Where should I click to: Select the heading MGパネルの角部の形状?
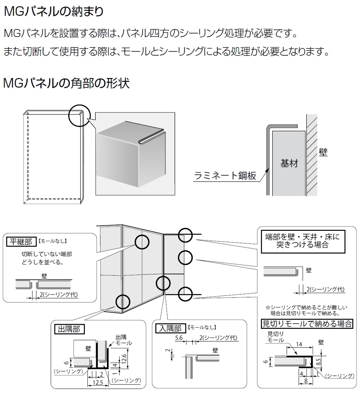[66, 83]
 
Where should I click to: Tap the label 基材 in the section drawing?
[289, 163]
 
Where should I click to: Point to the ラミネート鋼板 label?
[224, 176]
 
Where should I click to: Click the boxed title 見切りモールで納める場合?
[307, 323]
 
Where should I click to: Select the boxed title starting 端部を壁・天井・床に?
[302, 240]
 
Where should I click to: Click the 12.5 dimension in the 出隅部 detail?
[98, 382]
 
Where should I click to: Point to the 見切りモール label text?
[275, 337]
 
